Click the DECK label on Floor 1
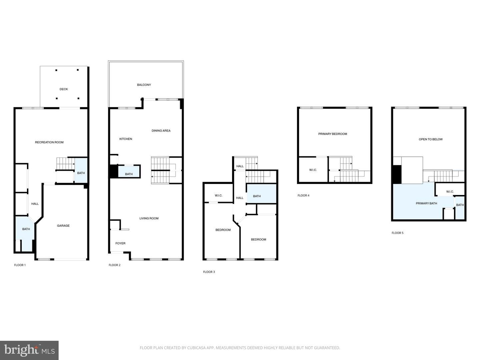[x=64, y=89]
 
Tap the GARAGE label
[x=63, y=226]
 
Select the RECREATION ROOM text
[x=49, y=142]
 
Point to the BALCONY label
[x=144, y=85]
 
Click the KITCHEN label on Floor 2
[x=126, y=139]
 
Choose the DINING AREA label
[x=161, y=131]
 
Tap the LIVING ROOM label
[x=149, y=218]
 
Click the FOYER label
[x=120, y=243]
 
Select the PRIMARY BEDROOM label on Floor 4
[x=333, y=134]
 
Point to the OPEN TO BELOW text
[x=431, y=139]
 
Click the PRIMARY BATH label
[x=426, y=203]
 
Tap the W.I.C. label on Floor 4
[x=313, y=170]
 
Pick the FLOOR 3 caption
[x=209, y=272]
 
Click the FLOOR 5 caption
[x=398, y=233]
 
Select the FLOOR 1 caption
[x=20, y=265]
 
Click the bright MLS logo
[x=29, y=350]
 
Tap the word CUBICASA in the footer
[x=196, y=348]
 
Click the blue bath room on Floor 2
[x=129, y=171]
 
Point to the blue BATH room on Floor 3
[x=262, y=194]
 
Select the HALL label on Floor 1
[x=35, y=204]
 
